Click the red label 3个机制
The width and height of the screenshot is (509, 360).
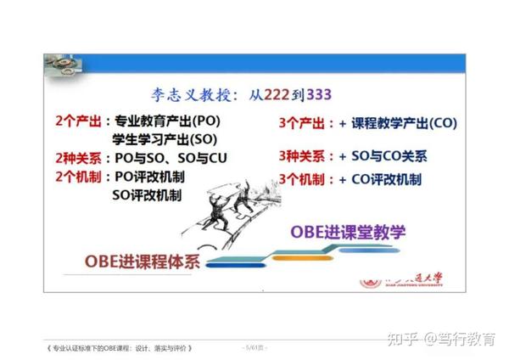tap(305, 179)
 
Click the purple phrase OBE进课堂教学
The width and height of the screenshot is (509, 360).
tap(348, 231)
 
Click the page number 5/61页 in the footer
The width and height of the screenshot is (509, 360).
tap(255, 348)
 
